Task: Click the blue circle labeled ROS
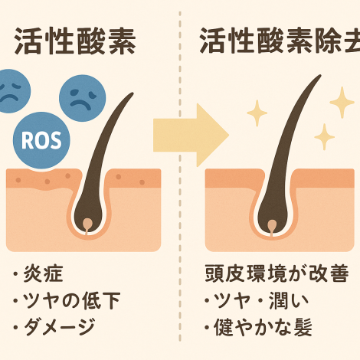tap(41, 140)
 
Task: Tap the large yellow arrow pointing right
tap(190, 136)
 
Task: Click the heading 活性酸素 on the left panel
tap(75, 41)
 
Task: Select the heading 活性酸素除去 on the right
tap(280, 41)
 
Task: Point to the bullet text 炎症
tap(43, 273)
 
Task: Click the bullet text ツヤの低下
tap(71, 300)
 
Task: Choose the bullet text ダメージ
tap(59, 327)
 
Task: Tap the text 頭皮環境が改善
tap(277, 273)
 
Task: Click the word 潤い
tap(289, 300)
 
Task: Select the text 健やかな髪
tap(263, 327)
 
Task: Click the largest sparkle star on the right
tap(342, 103)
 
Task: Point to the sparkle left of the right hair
tap(257, 113)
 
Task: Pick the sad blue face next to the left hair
tap(82, 98)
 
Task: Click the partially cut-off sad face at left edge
tap(13, 91)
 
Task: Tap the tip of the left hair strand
tap(133, 93)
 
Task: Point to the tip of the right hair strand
tap(320, 75)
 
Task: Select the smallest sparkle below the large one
tap(324, 137)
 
